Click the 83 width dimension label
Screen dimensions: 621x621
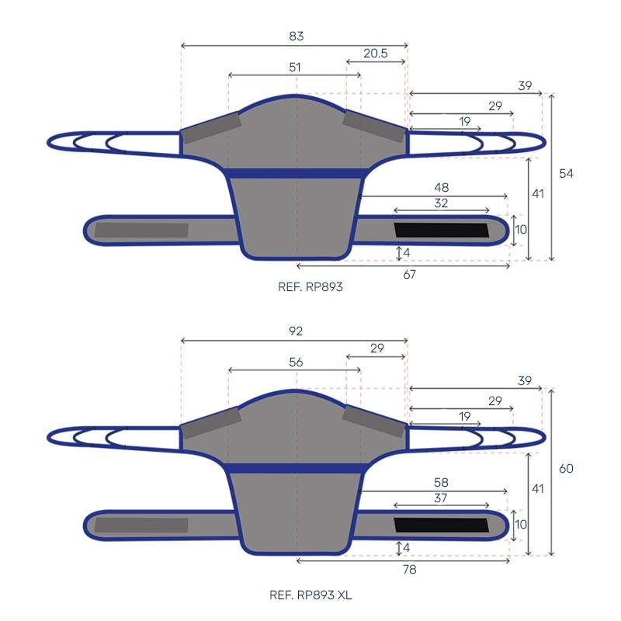pyautogui.click(x=297, y=36)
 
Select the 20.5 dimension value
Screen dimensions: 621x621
pyautogui.click(x=376, y=53)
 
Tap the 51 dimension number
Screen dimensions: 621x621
pyautogui.click(x=295, y=67)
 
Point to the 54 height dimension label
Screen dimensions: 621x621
pyautogui.click(x=566, y=173)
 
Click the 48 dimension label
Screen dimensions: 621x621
pyautogui.click(x=441, y=187)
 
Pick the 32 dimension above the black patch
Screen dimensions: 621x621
pyautogui.click(x=441, y=203)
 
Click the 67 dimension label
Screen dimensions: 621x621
pyautogui.click(x=410, y=275)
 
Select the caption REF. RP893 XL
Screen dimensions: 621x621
pyautogui.click(x=310, y=595)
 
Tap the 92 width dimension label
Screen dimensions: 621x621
pyautogui.click(x=296, y=331)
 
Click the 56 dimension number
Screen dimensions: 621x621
pyautogui.click(x=296, y=362)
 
